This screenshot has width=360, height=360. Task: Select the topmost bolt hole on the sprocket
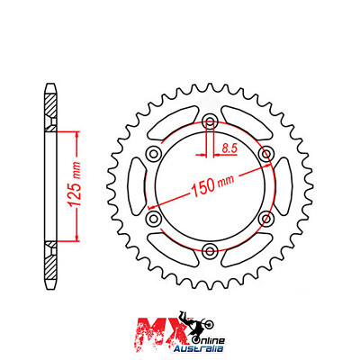pos(209,123)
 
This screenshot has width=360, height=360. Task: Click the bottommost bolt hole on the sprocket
pos(209,250)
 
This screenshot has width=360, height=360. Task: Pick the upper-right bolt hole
pos(265,155)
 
